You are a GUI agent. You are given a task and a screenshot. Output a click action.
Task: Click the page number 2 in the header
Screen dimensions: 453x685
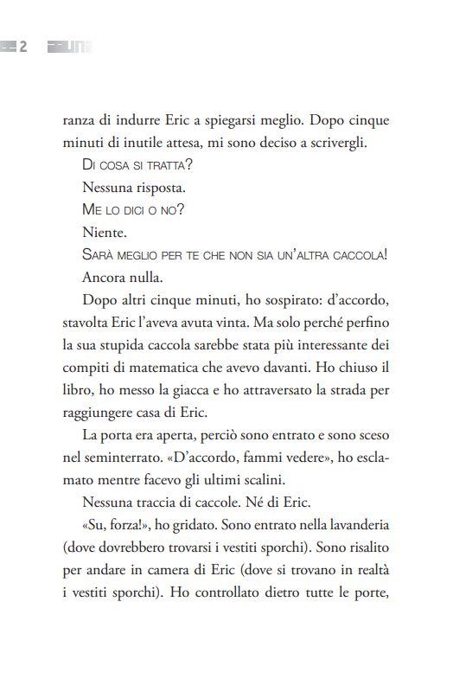click(24, 47)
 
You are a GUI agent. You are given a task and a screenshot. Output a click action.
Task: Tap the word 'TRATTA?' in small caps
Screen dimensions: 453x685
click(168, 165)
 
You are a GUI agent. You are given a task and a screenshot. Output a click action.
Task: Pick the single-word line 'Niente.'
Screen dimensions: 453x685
click(105, 233)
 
